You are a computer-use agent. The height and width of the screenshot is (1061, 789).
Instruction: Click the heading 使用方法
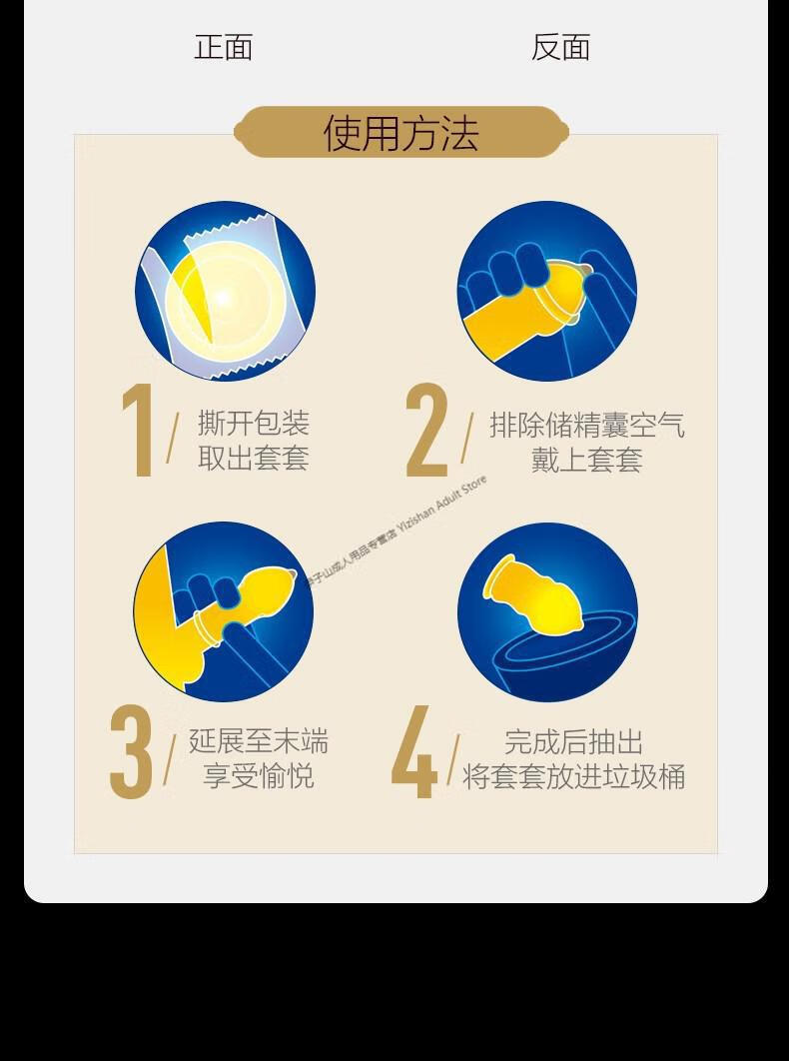tap(401, 133)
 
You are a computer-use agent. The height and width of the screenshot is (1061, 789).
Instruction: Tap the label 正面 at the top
tap(224, 47)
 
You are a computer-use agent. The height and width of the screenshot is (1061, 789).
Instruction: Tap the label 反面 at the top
tap(560, 47)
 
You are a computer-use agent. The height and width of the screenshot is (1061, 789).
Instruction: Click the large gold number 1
tap(136, 430)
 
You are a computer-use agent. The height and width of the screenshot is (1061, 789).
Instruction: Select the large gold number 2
tap(426, 431)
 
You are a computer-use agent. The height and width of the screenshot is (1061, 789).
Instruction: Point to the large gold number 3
tap(131, 752)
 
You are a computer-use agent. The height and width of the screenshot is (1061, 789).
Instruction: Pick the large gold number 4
tap(414, 752)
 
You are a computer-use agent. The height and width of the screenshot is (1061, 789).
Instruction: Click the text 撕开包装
tap(254, 423)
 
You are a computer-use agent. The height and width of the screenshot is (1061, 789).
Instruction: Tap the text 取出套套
tap(254, 459)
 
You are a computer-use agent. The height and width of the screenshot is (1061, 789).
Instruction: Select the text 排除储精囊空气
tap(587, 425)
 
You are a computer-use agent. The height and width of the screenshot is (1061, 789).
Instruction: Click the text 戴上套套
tap(586, 461)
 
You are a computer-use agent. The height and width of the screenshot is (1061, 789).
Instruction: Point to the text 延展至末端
tap(259, 741)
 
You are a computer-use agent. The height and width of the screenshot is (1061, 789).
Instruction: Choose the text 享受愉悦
tap(259, 776)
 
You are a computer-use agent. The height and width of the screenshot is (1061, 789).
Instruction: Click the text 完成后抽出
tap(573, 742)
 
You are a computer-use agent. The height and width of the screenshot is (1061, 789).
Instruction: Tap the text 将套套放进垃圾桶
tap(573, 777)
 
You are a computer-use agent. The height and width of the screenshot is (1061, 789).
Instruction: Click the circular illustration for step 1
tap(225, 291)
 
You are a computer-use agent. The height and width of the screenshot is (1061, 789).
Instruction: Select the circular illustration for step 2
tap(547, 291)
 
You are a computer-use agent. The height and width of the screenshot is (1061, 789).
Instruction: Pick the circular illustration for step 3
tap(224, 611)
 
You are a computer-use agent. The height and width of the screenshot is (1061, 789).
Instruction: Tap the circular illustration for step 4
tap(547, 611)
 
